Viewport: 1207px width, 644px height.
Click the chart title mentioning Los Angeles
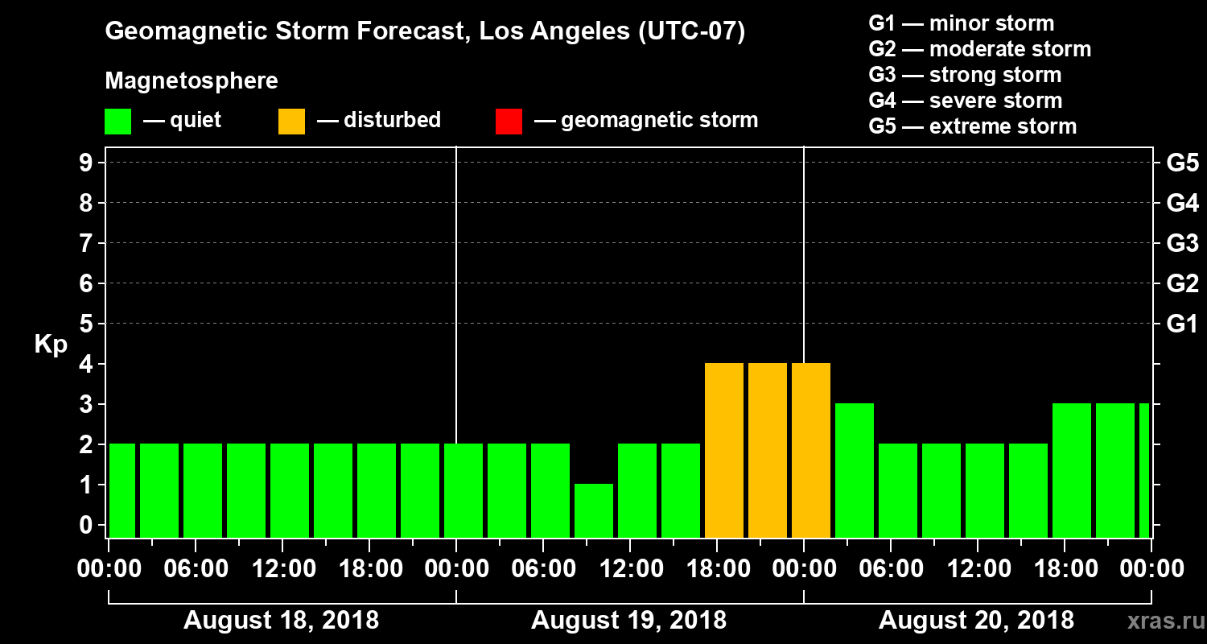tap(425, 32)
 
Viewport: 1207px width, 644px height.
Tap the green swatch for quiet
tap(117, 122)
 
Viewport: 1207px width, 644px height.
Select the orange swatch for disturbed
tap(291, 122)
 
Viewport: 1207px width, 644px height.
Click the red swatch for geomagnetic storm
tap(509, 122)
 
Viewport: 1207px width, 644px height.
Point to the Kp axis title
tap(51, 344)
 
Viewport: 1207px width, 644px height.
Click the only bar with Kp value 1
tap(594, 510)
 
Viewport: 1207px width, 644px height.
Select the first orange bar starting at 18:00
tap(724, 451)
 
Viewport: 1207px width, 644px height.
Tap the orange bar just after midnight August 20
tap(811, 451)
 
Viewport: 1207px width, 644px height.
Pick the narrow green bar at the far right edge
tap(1144, 471)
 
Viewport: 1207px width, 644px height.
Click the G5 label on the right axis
tap(1182, 163)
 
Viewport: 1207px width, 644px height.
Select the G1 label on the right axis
tap(1182, 324)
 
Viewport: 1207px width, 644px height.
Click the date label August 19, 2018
tap(628, 621)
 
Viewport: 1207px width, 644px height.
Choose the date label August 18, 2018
tap(281, 621)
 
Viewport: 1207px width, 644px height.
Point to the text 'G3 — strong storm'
tap(965, 75)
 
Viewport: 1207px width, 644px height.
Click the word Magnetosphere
tap(192, 81)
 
